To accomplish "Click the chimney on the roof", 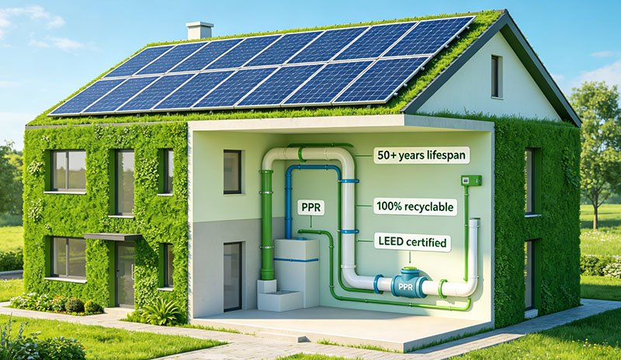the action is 199,30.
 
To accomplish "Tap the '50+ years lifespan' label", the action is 422,155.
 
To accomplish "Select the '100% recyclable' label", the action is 415,206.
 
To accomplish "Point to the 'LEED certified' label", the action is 412,242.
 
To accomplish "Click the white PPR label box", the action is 311,207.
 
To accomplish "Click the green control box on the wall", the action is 471,181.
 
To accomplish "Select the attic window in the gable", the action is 496,76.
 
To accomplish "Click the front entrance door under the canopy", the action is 125,274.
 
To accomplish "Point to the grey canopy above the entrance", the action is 113,237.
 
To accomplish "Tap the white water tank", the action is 297,272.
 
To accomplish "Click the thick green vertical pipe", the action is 266,225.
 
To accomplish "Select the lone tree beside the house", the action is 595,151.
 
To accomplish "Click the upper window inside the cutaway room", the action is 232,172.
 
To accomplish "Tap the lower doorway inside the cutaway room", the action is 232,276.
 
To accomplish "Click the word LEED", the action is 389,241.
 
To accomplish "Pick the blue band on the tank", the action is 297,260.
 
